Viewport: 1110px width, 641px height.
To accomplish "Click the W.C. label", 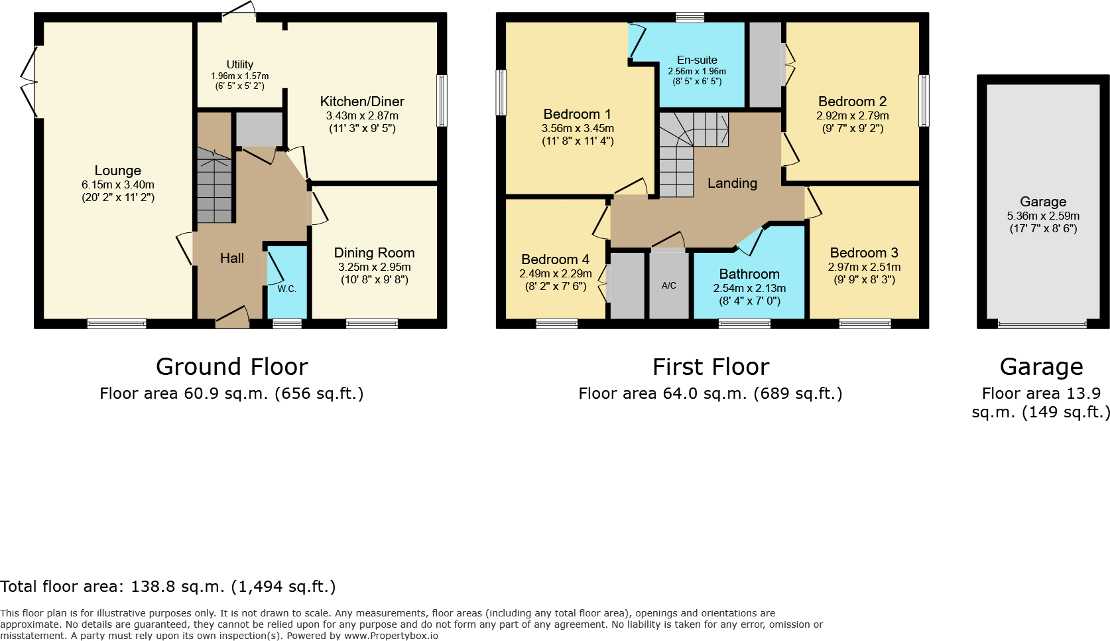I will pos(286,289).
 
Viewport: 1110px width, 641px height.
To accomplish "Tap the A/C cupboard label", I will pos(668,285).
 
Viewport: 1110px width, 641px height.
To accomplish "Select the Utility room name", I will pos(239,64).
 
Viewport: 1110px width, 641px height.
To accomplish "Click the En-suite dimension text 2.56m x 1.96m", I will pos(696,71).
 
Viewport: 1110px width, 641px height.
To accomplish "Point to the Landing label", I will pos(732,183).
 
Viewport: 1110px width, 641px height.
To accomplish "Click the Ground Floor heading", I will pos(231,367).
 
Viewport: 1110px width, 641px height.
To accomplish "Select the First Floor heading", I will pos(710,367).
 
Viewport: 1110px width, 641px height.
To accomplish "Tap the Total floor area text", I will pos(168,587).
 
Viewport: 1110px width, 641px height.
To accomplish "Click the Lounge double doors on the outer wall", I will pos(30,82).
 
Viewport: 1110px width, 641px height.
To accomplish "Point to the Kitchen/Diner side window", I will pos(442,101).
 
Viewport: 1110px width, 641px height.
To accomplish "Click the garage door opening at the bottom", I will pos(1042,324).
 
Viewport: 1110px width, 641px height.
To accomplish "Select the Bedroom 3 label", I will pos(864,253).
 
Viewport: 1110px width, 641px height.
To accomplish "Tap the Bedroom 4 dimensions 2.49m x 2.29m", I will pos(555,273).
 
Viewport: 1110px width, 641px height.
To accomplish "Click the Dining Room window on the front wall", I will pos(372,324).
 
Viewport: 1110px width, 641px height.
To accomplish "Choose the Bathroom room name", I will pos(749,274).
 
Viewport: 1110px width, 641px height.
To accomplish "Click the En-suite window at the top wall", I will pos(690,17).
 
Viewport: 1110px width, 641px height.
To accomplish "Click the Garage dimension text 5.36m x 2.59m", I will pos(1043,216).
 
